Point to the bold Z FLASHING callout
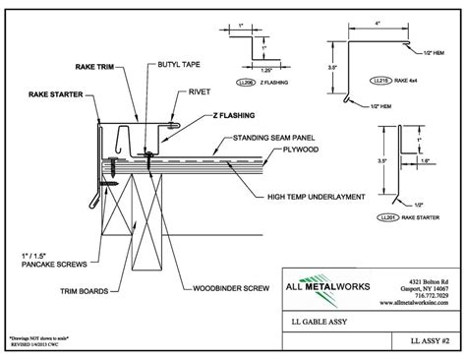click(x=233, y=117)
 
